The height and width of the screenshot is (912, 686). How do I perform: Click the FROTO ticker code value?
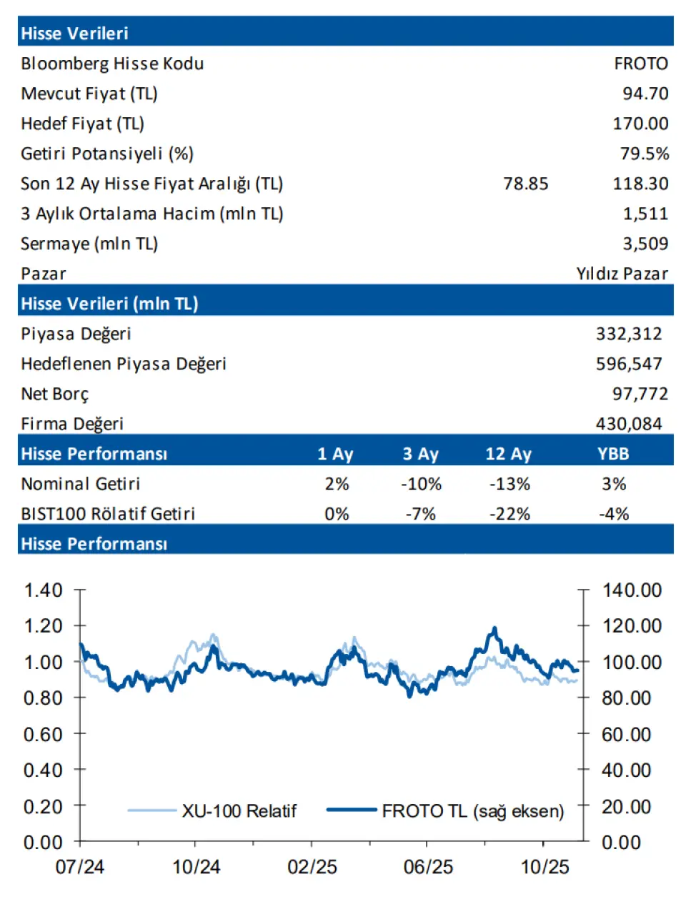point(640,64)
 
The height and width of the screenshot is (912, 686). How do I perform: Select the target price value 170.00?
point(640,124)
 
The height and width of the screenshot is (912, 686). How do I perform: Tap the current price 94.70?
point(645,94)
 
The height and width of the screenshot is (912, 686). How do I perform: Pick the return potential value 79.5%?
point(644,154)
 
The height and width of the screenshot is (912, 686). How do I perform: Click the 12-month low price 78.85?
point(525,184)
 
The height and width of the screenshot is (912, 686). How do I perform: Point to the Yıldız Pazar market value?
point(622,274)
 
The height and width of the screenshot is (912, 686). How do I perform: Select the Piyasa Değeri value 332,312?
point(629,334)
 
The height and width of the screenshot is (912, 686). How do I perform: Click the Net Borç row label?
point(55,394)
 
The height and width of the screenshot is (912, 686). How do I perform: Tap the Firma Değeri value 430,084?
point(629,424)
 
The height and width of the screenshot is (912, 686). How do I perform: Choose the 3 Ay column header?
point(420,454)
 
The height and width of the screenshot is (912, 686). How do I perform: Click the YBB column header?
point(613,454)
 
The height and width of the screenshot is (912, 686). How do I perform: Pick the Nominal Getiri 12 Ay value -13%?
point(509,484)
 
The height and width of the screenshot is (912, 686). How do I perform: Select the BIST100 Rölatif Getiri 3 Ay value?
point(420,514)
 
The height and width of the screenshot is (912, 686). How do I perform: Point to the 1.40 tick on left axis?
point(44,590)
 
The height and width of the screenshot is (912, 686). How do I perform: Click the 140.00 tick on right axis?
point(632,590)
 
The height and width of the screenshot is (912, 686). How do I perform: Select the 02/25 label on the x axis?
point(312,867)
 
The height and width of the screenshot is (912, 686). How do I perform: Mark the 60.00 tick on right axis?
point(627,734)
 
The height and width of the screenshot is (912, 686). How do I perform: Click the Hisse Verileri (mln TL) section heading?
point(109,304)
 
